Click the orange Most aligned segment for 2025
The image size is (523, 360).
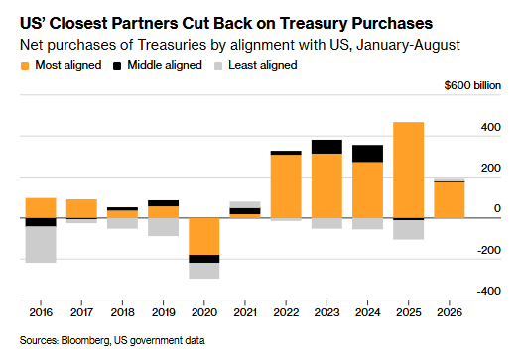(408, 170)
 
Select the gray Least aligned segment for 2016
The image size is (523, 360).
(41, 244)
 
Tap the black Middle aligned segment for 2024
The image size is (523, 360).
(367, 154)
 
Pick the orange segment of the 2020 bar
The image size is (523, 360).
(204, 236)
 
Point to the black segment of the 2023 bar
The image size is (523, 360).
(327, 147)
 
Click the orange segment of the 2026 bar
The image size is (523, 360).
(450, 200)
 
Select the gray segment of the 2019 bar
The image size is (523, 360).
(164, 227)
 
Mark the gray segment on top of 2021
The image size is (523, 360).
(245, 204)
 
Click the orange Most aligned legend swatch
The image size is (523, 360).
(25, 66)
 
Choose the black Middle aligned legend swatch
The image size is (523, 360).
(117, 66)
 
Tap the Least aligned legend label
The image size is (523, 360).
(263, 65)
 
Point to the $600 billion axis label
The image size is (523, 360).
(472, 85)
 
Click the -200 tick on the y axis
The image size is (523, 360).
(489, 250)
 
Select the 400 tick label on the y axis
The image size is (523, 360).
(490, 127)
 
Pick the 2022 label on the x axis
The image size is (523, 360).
(286, 312)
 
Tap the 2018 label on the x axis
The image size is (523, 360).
(122, 312)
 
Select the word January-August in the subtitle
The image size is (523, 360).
(408, 45)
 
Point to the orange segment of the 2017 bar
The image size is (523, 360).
(81, 208)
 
